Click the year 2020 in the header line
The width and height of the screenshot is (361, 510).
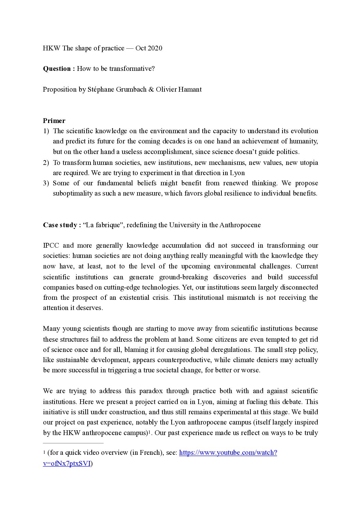[x=155, y=48]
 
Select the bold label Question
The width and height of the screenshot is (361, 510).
[x=57, y=69]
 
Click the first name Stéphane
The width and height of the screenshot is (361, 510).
[x=101, y=90]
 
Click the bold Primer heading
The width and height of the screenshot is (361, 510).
[x=54, y=121]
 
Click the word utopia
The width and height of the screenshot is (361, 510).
[x=308, y=163]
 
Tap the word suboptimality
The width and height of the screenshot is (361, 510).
[x=73, y=194]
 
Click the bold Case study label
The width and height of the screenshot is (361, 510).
[x=62, y=225]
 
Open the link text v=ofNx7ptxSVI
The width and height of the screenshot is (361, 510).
[x=67, y=464]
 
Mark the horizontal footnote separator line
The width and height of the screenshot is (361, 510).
[x=73, y=443]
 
